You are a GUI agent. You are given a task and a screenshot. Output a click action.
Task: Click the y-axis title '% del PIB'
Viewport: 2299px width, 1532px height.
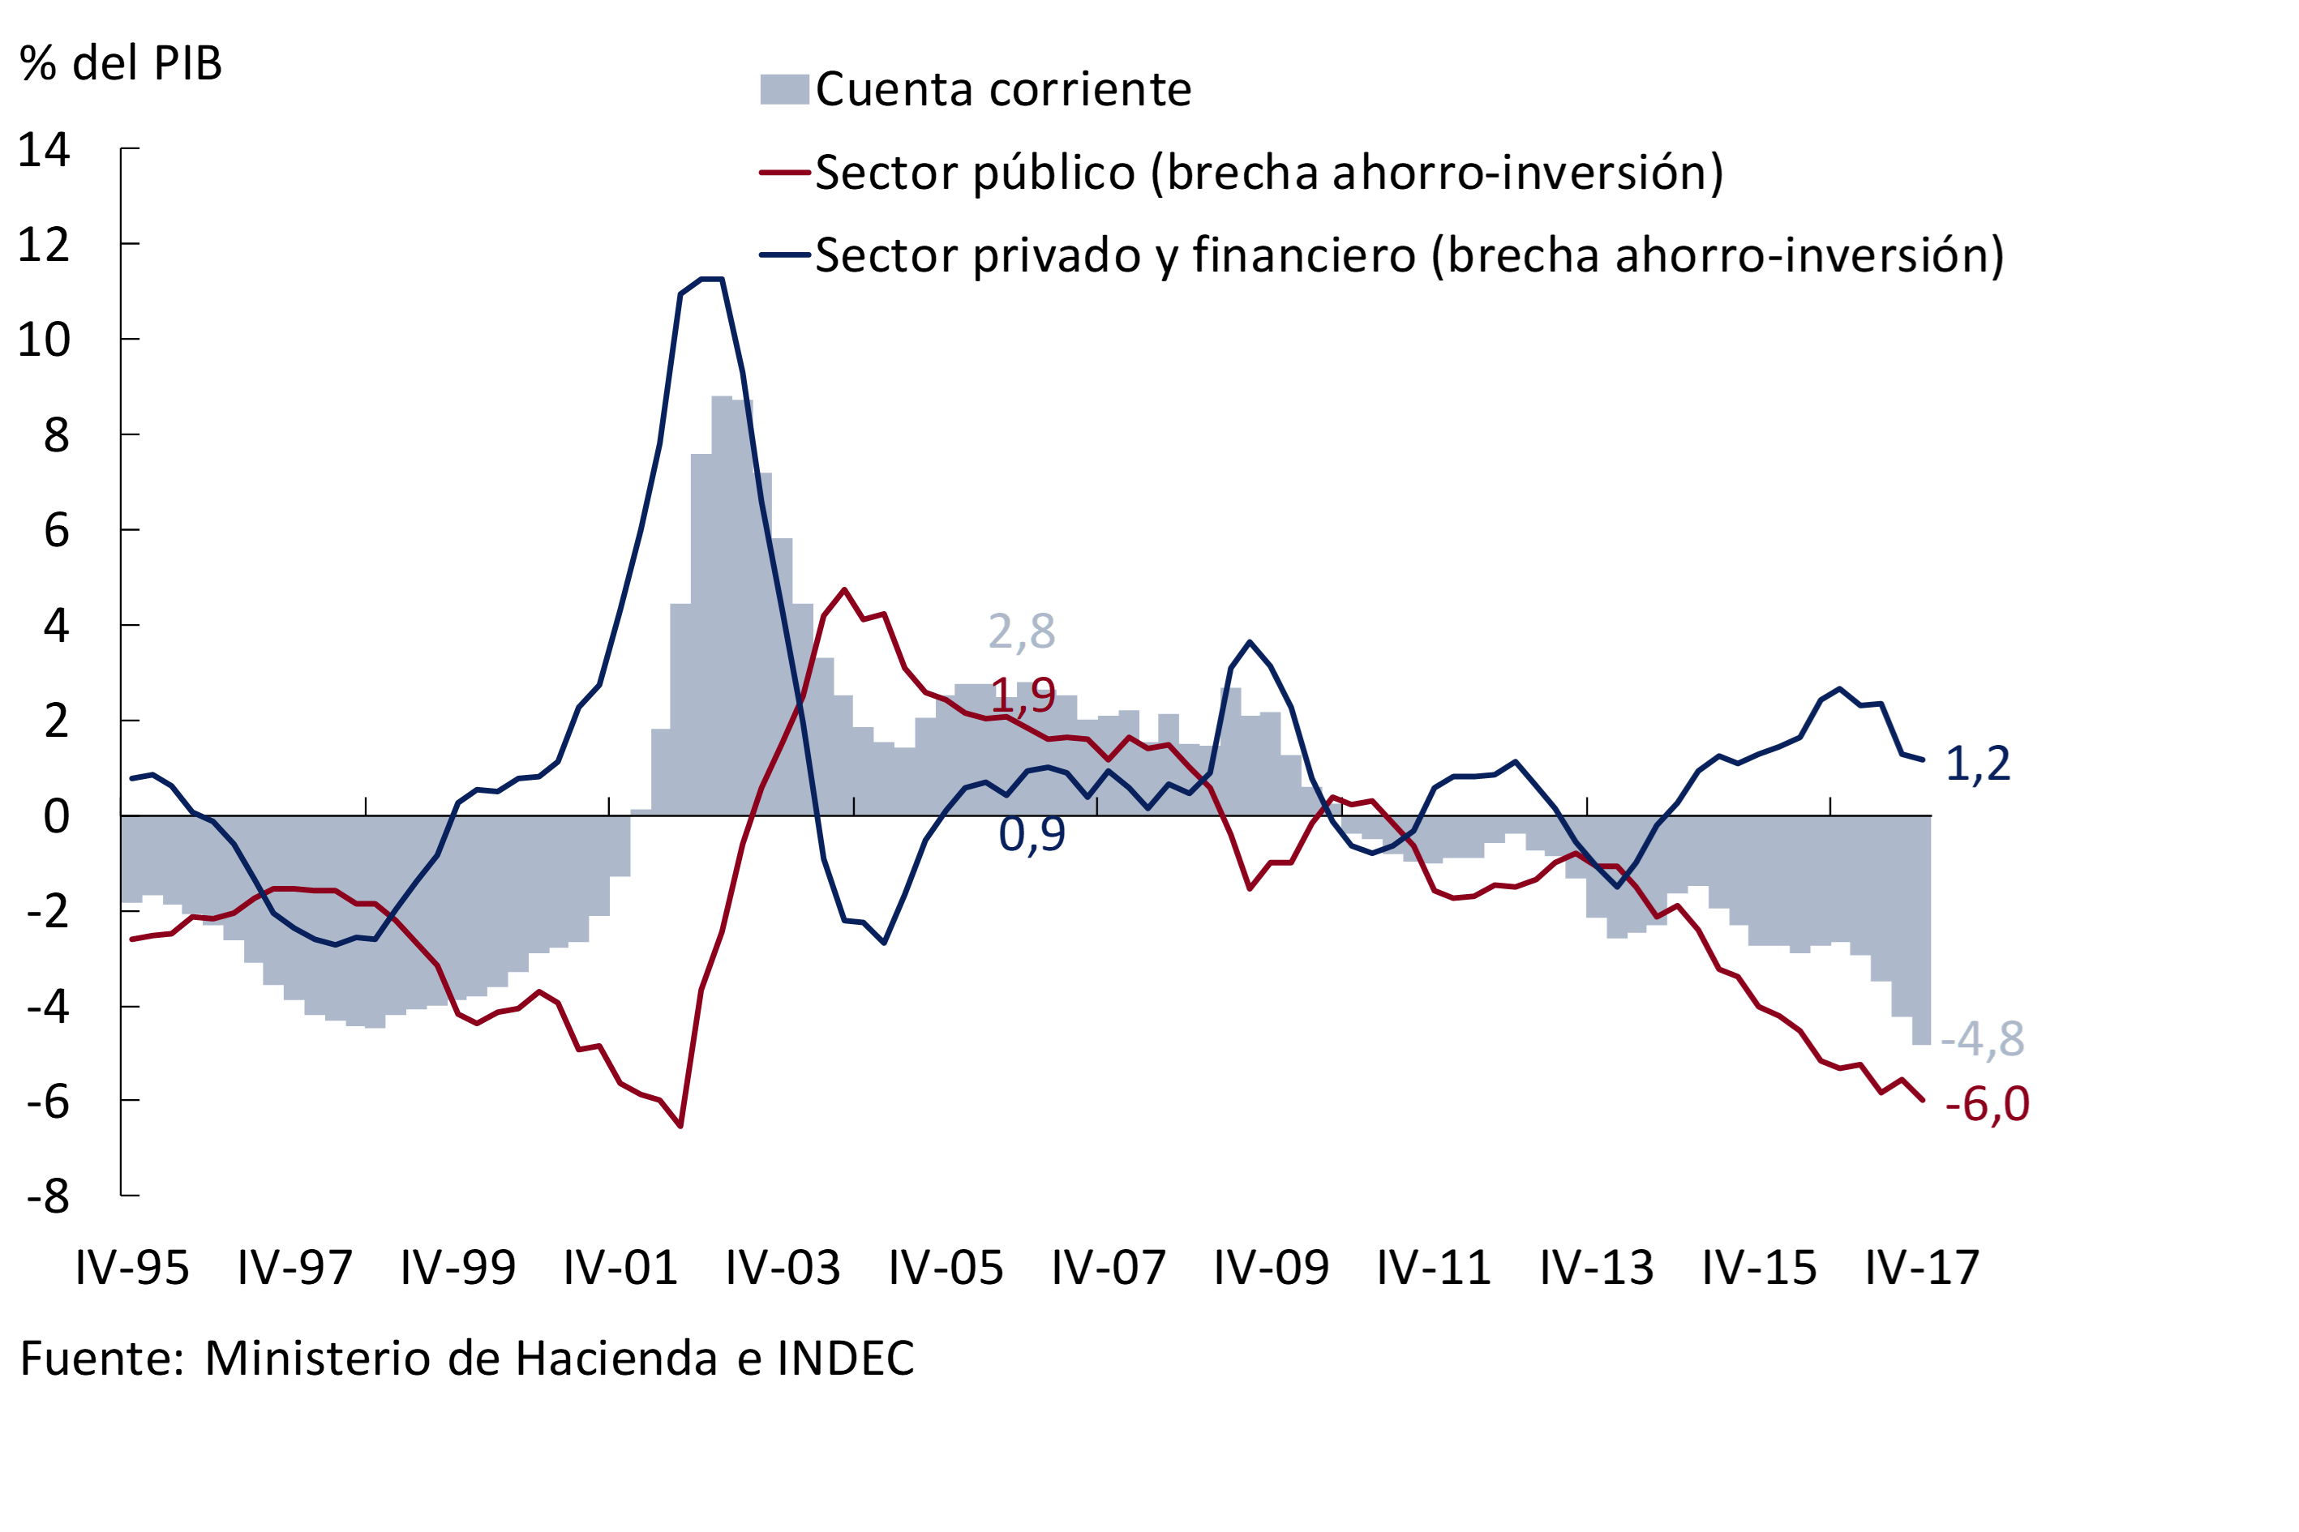tap(120, 63)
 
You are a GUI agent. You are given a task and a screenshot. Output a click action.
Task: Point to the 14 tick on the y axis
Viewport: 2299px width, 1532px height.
tap(44, 149)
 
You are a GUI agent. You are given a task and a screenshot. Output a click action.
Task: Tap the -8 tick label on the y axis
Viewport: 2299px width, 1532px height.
tap(48, 1196)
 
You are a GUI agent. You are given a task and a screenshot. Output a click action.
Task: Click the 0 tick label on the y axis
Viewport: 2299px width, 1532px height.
tap(57, 815)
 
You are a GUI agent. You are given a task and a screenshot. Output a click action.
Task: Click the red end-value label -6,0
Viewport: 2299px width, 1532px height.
tap(1986, 1104)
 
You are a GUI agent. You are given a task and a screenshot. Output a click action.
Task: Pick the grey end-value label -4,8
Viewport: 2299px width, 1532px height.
tap(1982, 1038)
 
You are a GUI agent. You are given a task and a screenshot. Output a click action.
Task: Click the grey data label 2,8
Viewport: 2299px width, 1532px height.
tap(1022, 631)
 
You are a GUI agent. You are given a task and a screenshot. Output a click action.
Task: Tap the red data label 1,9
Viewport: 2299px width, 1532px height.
tap(1023, 695)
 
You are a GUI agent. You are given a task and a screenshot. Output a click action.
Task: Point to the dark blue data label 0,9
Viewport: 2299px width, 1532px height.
tap(1032, 834)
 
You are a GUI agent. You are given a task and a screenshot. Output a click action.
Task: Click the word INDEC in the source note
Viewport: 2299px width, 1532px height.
tap(846, 1358)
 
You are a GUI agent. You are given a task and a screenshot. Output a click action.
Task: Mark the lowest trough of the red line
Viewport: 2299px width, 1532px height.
tap(680, 1127)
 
